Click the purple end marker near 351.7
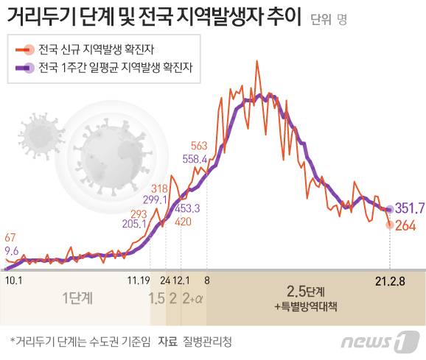(x=390, y=209)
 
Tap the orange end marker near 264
(x=390, y=225)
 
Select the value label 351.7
(x=410, y=208)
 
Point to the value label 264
(x=405, y=225)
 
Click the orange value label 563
(x=199, y=146)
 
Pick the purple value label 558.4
(x=195, y=159)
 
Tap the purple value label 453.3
(x=187, y=208)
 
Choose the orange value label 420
(x=183, y=222)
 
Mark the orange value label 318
(x=159, y=188)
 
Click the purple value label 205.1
(x=134, y=224)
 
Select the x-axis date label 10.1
(x=14, y=280)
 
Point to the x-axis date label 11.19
(x=139, y=280)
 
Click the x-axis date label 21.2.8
(x=390, y=282)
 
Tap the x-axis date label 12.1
(x=181, y=280)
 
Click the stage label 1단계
(x=77, y=298)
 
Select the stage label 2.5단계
(x=306, y=292)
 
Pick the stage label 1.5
(x=157, y=299)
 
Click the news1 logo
(x=380, y=342)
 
